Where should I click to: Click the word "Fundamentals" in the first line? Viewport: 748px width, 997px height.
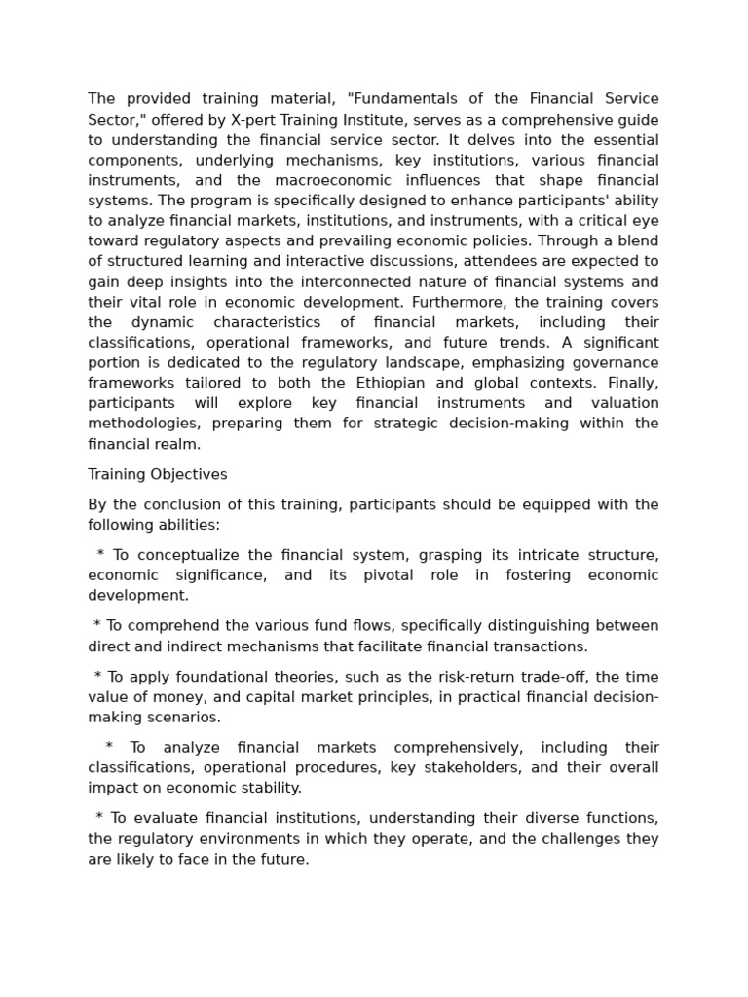399,99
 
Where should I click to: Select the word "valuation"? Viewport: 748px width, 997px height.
622,403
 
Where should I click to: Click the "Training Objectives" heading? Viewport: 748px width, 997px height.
158,474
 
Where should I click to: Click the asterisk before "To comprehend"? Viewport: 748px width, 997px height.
97,626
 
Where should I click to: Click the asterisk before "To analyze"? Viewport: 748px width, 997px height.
109,748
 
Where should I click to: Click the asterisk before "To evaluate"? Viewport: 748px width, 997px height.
99,819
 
